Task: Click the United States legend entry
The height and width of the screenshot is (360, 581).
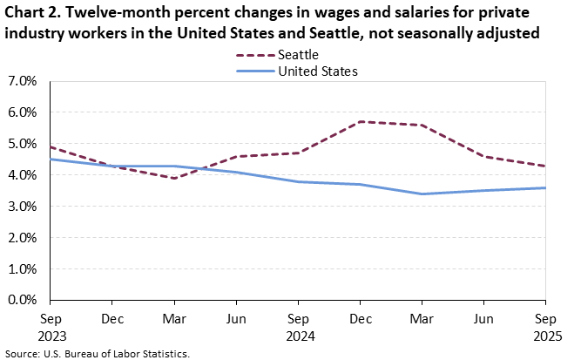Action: point(318,71)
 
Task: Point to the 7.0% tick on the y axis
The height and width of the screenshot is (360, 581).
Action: point(21,81)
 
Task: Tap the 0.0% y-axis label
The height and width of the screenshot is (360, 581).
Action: point(21,300)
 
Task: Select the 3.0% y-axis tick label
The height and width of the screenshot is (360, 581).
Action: point(21,207)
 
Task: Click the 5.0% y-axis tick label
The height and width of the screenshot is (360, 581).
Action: point(21,144)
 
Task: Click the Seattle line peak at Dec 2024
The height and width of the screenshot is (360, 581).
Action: point(361,121)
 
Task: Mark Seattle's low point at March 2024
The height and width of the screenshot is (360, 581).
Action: point(174,178)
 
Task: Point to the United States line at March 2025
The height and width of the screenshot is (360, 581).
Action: point(422,194)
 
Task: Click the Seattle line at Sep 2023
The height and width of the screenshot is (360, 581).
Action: point(51,146)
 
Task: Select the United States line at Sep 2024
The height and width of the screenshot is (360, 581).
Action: point(299,181)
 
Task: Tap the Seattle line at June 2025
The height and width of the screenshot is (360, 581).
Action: point(484,156)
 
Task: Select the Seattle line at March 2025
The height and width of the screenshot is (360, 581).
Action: point(422,125)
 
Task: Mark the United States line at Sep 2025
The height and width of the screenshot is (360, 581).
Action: point(546,187)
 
